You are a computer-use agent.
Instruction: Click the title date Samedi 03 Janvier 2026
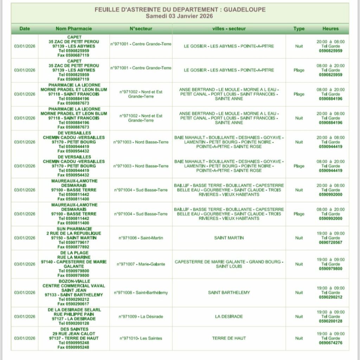(x=180, y=16)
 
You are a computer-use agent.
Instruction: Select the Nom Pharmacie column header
(x=74, y=29)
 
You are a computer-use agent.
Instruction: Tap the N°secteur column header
(x=141, y=29)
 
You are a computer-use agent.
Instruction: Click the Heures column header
(x=330, y=29)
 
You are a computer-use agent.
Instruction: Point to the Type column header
(x=299, y=29)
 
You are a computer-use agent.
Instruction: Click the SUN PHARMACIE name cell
(x=74, y=229)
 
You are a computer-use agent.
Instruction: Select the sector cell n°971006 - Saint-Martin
(x=141, y=238)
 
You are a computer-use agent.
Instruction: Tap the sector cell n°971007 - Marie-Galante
(x=141, y=264)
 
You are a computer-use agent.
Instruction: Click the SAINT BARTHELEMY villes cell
(x=229, y=292)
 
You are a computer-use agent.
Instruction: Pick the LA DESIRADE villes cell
(x=229, y=316)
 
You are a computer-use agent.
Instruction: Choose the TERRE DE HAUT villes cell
(x=229, y=338)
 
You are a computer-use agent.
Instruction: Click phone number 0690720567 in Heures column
(x=330, y=243)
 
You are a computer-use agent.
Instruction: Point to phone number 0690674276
(x=330, y=343)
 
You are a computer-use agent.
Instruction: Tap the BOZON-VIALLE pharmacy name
(x=74, y=281)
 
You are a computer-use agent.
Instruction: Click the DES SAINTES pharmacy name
(x=74, y=329)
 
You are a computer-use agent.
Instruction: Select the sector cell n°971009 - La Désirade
(x=141, y=316)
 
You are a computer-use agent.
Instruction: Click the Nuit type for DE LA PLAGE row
(x=299, y=264)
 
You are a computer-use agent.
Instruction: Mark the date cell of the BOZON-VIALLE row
(x=25, y=292)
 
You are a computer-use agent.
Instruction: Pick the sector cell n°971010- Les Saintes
(x=141, y=338)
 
